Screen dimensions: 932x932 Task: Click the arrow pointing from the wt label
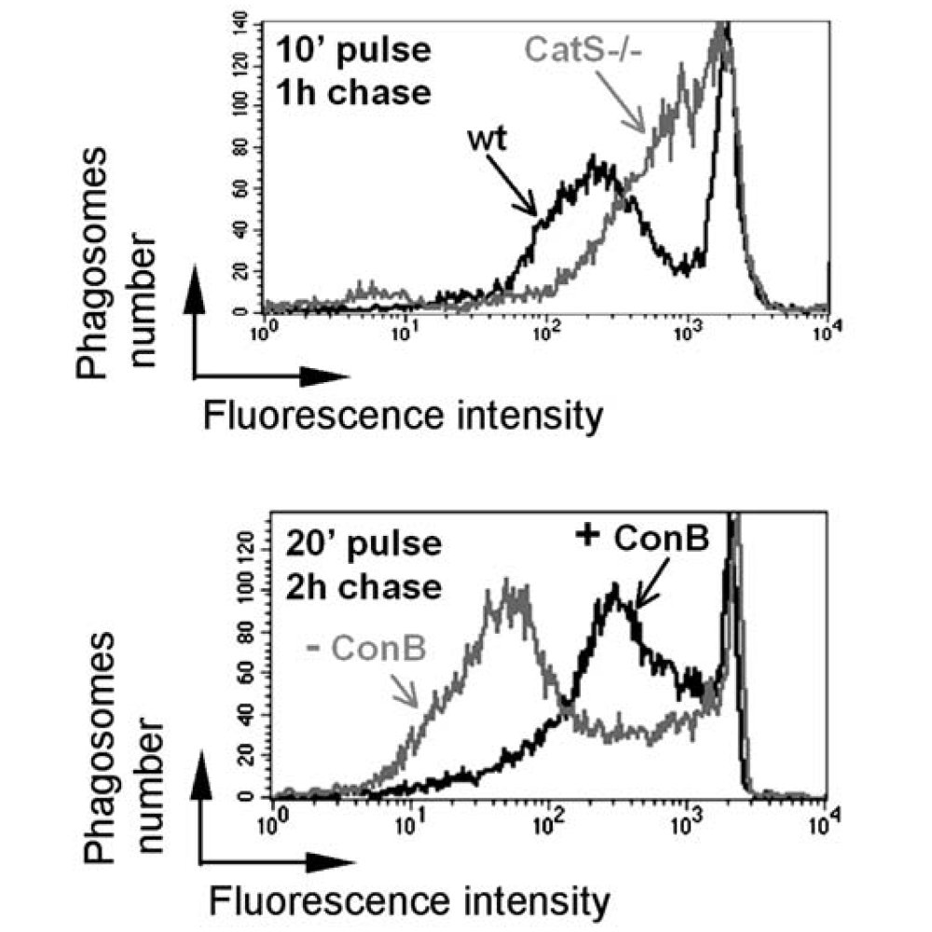(x=519, y=187)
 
